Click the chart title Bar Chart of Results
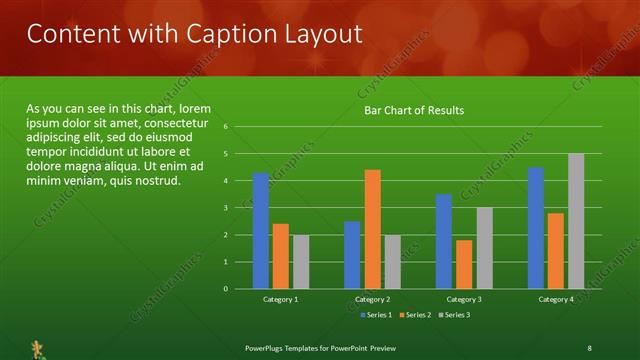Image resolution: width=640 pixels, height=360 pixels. (x=413, y=110)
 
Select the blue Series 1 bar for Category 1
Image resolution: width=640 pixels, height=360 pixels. (x=261, y=231)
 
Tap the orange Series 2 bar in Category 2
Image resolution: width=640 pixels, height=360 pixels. (x=372, y=229)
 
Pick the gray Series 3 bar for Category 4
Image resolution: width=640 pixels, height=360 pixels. (x=576, y=221)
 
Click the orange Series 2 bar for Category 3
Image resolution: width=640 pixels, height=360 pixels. (x=464, y=264)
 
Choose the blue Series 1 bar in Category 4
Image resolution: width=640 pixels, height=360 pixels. (x=536, y=228)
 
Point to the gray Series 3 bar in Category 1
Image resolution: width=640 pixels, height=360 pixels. (x=301, y=262)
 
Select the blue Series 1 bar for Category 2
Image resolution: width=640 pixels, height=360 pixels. (x=352, y=255)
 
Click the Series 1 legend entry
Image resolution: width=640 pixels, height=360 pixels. (x=374, y=315)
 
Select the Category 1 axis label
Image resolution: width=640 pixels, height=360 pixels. (x=280, y=299)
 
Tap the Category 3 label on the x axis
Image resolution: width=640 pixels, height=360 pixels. (x=464, y=299)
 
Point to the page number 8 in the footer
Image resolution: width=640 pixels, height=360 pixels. (x=590, y=347)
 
